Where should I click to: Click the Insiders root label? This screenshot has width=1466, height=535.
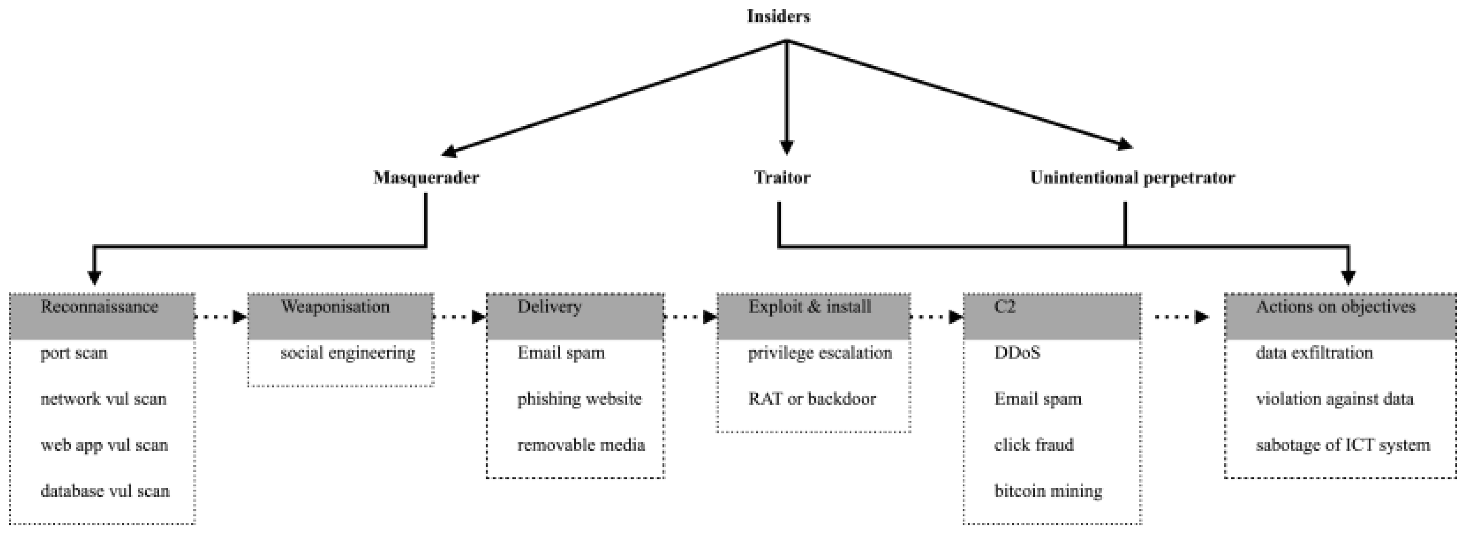tap(778, 17)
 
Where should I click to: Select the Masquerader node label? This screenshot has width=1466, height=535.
tap(426, 177)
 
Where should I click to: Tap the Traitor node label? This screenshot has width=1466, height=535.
tap(782, 177)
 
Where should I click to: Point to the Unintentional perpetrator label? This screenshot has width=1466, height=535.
tap(1132, 177)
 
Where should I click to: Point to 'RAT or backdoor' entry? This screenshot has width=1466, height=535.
tap(811, 399)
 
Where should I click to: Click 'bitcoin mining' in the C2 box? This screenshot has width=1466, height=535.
tap(1048, 491)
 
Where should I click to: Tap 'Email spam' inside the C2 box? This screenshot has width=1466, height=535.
tap(1037, 399)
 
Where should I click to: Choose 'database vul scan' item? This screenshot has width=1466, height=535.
tap(105, 491)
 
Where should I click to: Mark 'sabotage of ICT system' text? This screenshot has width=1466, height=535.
tap(1343, 445)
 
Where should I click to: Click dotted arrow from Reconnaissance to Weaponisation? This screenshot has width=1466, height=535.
tap(221, 316)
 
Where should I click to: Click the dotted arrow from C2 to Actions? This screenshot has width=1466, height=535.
tap(1181, 316)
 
